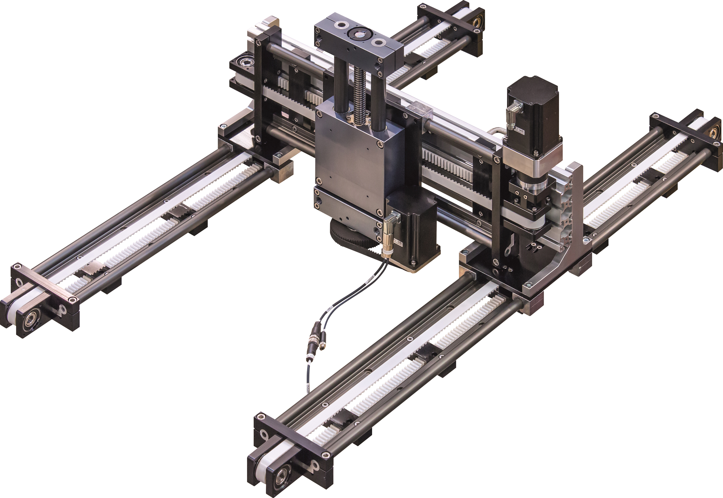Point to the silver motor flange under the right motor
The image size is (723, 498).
click(x=534, y=159)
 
